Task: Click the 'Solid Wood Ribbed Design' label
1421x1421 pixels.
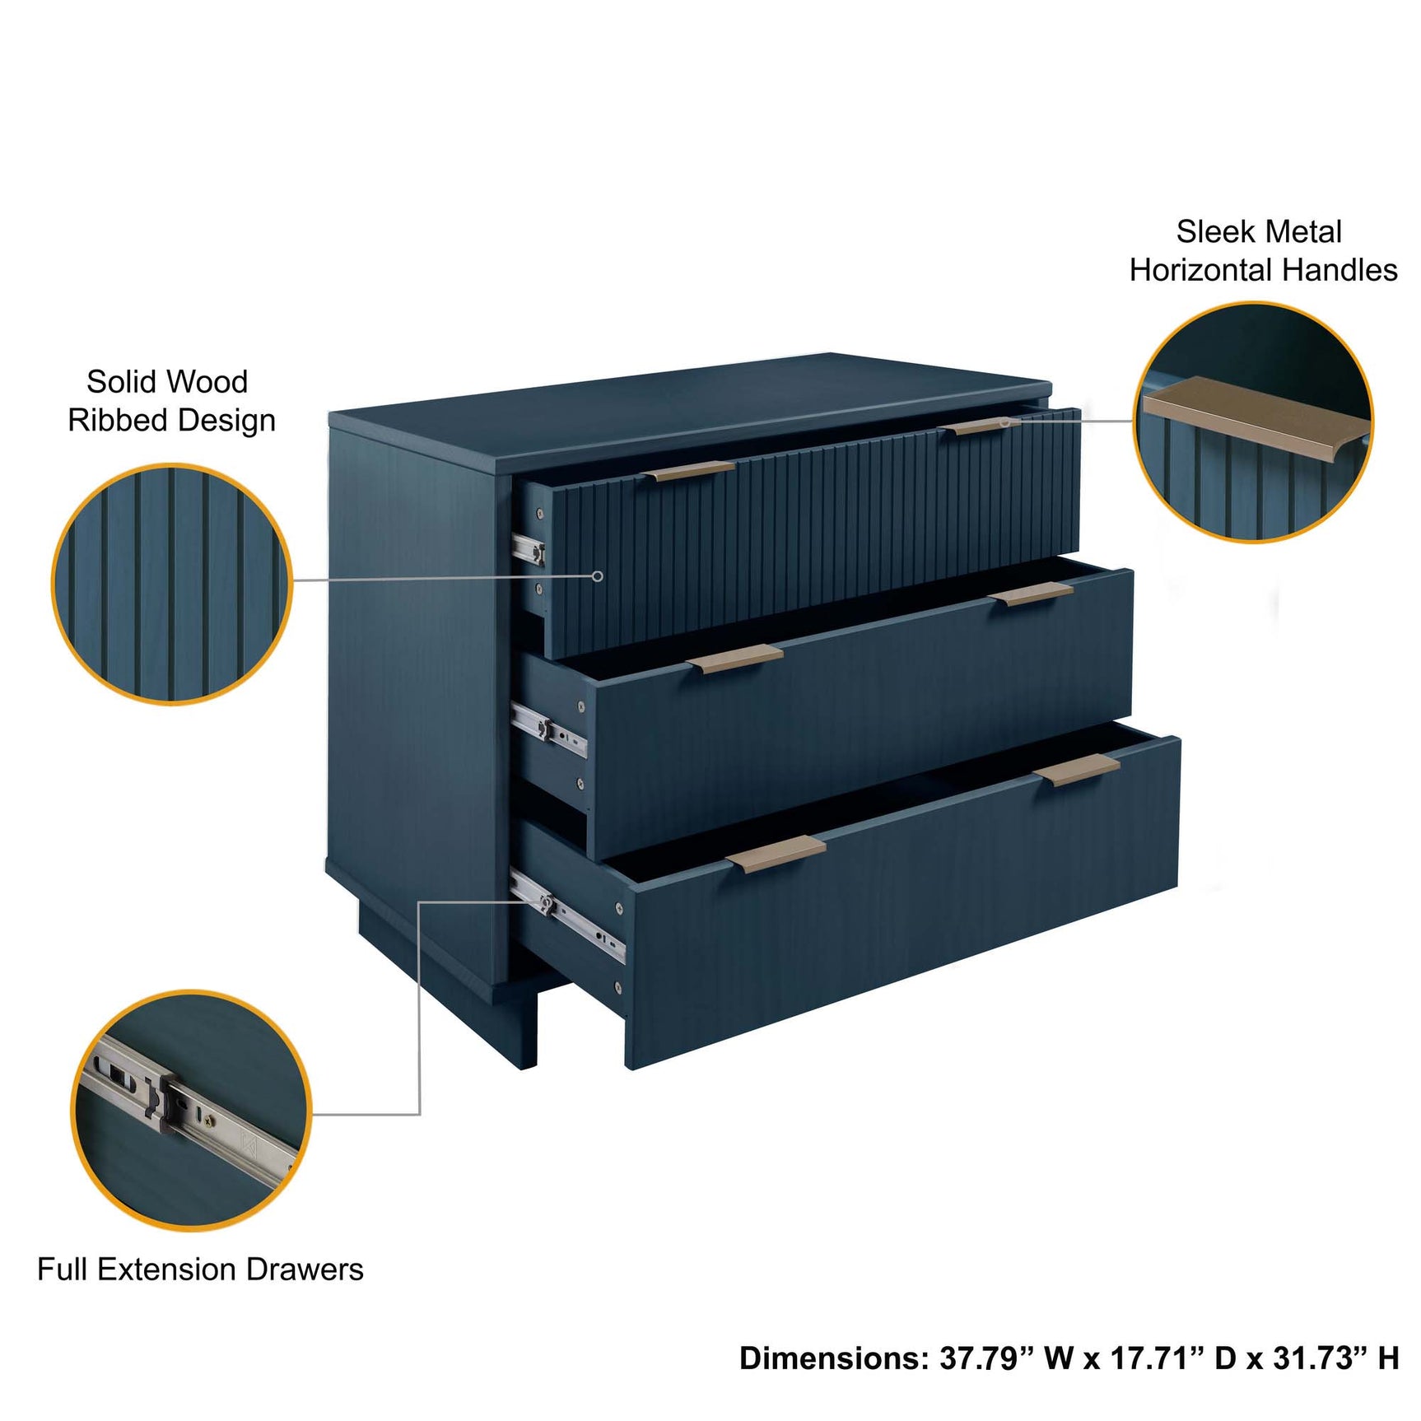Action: pos(170,401)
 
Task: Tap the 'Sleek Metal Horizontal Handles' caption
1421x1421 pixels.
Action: pos(1262,251)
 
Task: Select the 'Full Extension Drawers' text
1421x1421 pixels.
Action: pos(200,1269)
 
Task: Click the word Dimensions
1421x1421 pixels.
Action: pos(833,1358)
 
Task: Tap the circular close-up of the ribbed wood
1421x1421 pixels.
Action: pos(172,584)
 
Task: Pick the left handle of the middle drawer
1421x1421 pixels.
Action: pos(735,659)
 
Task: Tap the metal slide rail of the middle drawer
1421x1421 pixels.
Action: pos(549,729)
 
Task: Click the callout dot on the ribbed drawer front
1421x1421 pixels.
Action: pos(599,576)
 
